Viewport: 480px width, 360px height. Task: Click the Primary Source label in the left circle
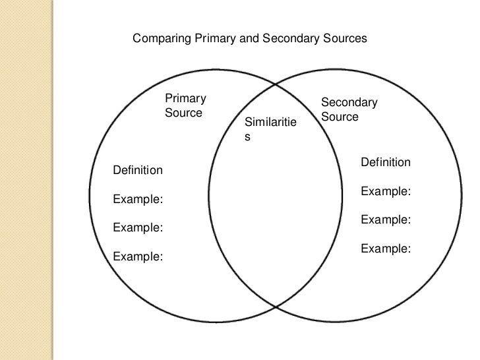[185, 105]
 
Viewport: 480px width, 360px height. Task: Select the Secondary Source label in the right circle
[349, 109]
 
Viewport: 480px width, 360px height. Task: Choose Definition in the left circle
[138, 171]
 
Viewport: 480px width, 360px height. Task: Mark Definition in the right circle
[386, 162]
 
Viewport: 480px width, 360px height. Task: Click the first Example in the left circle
[138, 199]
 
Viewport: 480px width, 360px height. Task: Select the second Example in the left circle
[138, 228]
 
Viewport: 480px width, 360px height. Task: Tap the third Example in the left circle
[138, 257]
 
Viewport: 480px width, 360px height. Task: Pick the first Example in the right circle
[386, 191]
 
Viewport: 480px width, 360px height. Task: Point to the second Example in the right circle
[386, 220]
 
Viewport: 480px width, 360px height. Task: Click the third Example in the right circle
[386, 249]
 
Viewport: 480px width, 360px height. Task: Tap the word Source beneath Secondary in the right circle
[340, 117]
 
